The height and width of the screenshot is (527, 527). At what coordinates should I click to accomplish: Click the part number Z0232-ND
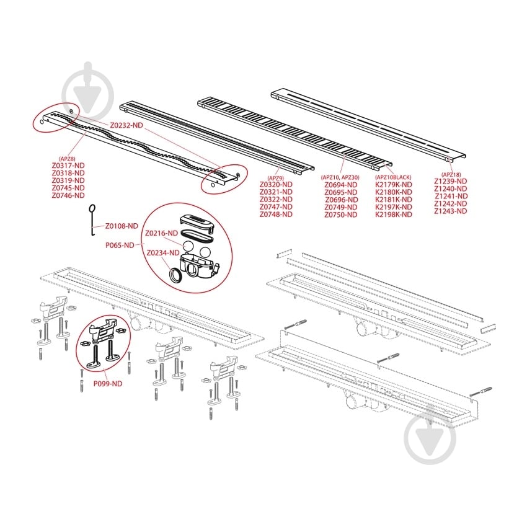126,125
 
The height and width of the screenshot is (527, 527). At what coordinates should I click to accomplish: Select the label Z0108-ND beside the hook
122,226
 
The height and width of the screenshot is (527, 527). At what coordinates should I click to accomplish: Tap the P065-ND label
120,246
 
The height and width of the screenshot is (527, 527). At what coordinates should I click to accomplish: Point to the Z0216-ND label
162,233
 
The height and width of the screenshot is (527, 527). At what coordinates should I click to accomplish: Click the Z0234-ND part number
163,253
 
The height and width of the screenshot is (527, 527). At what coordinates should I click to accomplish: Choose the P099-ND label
108,384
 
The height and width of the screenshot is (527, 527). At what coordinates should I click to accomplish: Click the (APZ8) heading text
67,159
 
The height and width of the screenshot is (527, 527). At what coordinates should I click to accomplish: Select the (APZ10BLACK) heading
393,177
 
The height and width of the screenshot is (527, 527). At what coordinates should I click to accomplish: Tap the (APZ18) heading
451,174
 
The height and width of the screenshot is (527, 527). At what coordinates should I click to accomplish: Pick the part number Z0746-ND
68,195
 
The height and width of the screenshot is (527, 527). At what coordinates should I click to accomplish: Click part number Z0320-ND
276,185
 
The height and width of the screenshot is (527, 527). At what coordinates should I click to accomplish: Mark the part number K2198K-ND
394,215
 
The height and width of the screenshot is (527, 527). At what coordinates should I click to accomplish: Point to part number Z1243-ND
451,211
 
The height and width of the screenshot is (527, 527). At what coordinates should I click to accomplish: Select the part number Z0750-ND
341,215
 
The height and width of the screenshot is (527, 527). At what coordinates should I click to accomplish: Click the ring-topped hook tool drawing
92,220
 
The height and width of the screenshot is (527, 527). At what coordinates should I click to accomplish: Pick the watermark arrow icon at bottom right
430,436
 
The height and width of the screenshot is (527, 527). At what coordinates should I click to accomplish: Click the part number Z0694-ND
341,185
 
